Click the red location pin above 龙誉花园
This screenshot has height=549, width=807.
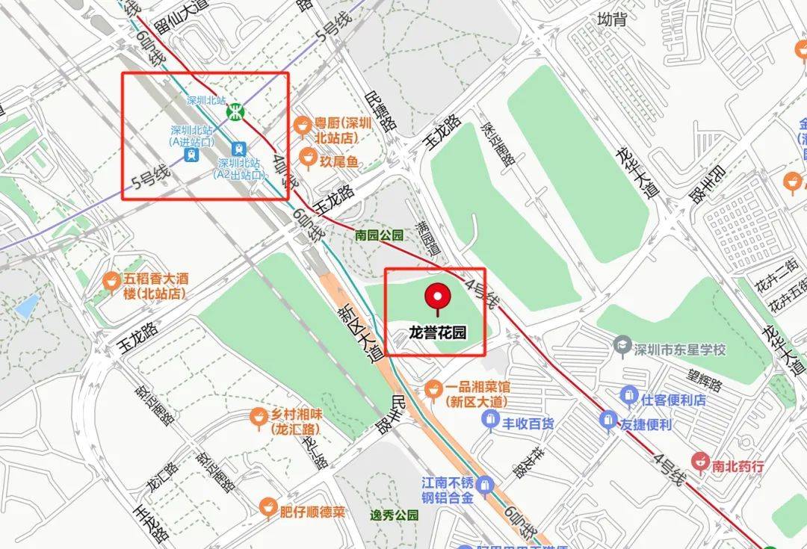[437, 298]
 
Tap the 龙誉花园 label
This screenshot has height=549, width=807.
[437, 333]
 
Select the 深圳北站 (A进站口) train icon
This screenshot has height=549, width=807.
[193, 154]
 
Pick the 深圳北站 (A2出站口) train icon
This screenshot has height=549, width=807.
[238, 149]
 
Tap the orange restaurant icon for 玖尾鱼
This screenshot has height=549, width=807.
[306, 158]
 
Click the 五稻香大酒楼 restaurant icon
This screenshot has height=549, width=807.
[111, 280]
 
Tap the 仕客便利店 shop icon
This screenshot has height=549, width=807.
[629, 394]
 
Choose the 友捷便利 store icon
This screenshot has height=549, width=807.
[608, 421]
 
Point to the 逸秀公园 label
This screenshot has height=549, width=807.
[395, 515]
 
